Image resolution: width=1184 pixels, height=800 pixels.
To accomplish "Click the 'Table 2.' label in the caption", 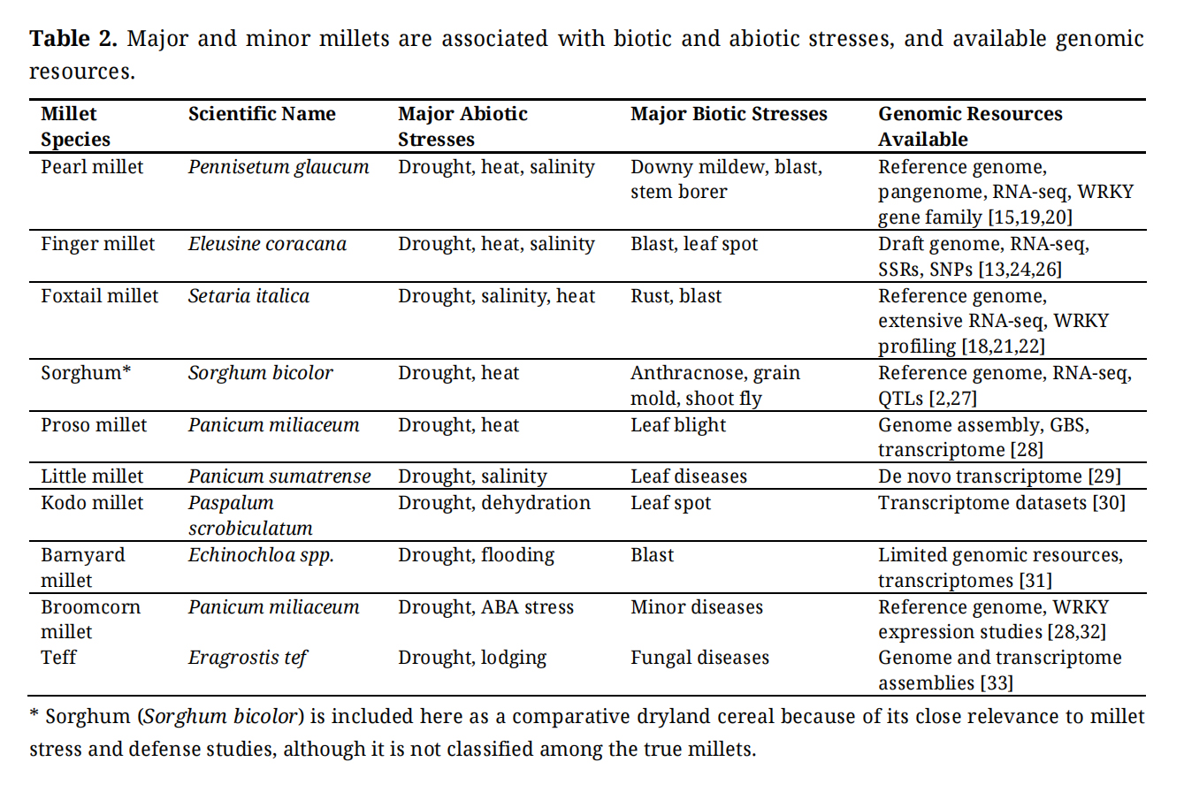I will tap(73, 39).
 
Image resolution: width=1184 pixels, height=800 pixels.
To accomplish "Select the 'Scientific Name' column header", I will tap(262, 114).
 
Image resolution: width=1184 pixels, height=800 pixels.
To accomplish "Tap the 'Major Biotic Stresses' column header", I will tap(729, 114).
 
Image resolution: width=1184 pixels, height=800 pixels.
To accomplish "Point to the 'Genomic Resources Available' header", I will tap(970, 126).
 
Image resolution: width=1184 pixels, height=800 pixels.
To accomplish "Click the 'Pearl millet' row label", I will tap(92, 167).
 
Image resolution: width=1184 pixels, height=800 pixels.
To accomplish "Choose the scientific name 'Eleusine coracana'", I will tap(267, 244).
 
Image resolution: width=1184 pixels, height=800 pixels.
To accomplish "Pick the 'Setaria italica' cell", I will tap(248, 296).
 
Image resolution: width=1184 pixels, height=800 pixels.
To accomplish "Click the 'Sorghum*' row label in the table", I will tap(86, 373).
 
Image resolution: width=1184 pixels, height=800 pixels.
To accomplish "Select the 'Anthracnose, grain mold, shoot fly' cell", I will tap(714, 385).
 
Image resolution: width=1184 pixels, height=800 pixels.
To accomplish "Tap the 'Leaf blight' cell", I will tap(678, 425).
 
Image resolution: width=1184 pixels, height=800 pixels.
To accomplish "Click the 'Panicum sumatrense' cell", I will tap(279, 476).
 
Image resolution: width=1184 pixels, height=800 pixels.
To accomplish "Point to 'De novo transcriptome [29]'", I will tap(999, 476).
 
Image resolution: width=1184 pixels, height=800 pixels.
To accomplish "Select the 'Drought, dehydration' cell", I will tap(493, 503).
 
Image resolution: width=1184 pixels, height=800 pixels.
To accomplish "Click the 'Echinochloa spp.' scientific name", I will tap(261, 555).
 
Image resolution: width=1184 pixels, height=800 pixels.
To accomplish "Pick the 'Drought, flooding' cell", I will tap(476, 555).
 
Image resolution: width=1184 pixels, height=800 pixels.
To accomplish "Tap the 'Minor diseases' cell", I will tap(697, 607).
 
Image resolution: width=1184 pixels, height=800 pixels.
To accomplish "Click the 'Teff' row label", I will tap(58, 658).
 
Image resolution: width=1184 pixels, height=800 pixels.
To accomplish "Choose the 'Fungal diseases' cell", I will tap(699, 658).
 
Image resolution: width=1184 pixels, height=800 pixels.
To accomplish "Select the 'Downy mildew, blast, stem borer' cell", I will tap(726, 179).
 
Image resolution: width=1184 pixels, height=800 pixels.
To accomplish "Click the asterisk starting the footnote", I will tap(34, 715).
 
